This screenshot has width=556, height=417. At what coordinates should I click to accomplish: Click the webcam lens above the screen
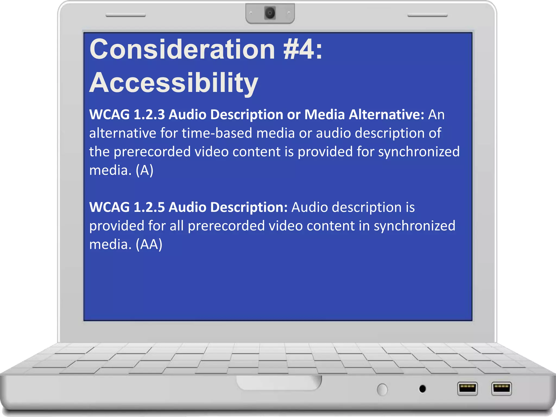pos(270,13)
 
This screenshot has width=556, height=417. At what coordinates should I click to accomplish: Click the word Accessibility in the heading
pos(174,83)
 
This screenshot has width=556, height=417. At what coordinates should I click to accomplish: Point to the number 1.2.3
pos(149,115)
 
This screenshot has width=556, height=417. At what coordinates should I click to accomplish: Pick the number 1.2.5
pos(149,207)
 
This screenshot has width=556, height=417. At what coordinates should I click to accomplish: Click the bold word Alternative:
pos(386,115)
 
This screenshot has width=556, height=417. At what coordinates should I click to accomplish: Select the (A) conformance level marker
pos(144,170)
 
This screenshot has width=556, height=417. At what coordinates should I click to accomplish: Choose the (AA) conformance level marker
pos(149,244)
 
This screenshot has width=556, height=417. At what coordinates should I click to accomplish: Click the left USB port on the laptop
pos(467,388)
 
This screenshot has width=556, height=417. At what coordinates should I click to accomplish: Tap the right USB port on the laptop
pos(501,388)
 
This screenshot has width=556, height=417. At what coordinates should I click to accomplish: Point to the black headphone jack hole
pos(422,389)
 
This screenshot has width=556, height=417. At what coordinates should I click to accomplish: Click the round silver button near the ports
pos(382,390)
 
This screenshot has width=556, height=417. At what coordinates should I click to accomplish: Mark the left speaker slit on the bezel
pos(125,15)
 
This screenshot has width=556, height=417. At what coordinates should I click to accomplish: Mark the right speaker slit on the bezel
pos(427,16)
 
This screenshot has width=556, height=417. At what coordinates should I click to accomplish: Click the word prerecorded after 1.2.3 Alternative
pos(152,152)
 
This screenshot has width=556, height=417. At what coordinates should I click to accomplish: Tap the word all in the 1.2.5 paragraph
pos(177,226)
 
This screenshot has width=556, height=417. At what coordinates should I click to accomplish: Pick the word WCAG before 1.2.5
pos(109,207)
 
